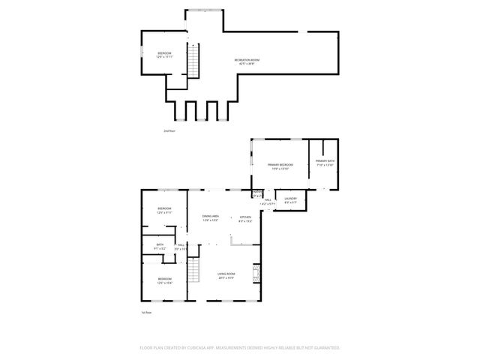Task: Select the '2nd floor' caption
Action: pos(169,130)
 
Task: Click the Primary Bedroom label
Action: pos(280,164)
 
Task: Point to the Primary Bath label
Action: pos(325,161)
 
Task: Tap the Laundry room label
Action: pos(291,199)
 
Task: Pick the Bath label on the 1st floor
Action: pos(160,244)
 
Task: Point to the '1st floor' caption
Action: pos(147,312)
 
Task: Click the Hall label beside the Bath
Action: pos(181,244)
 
